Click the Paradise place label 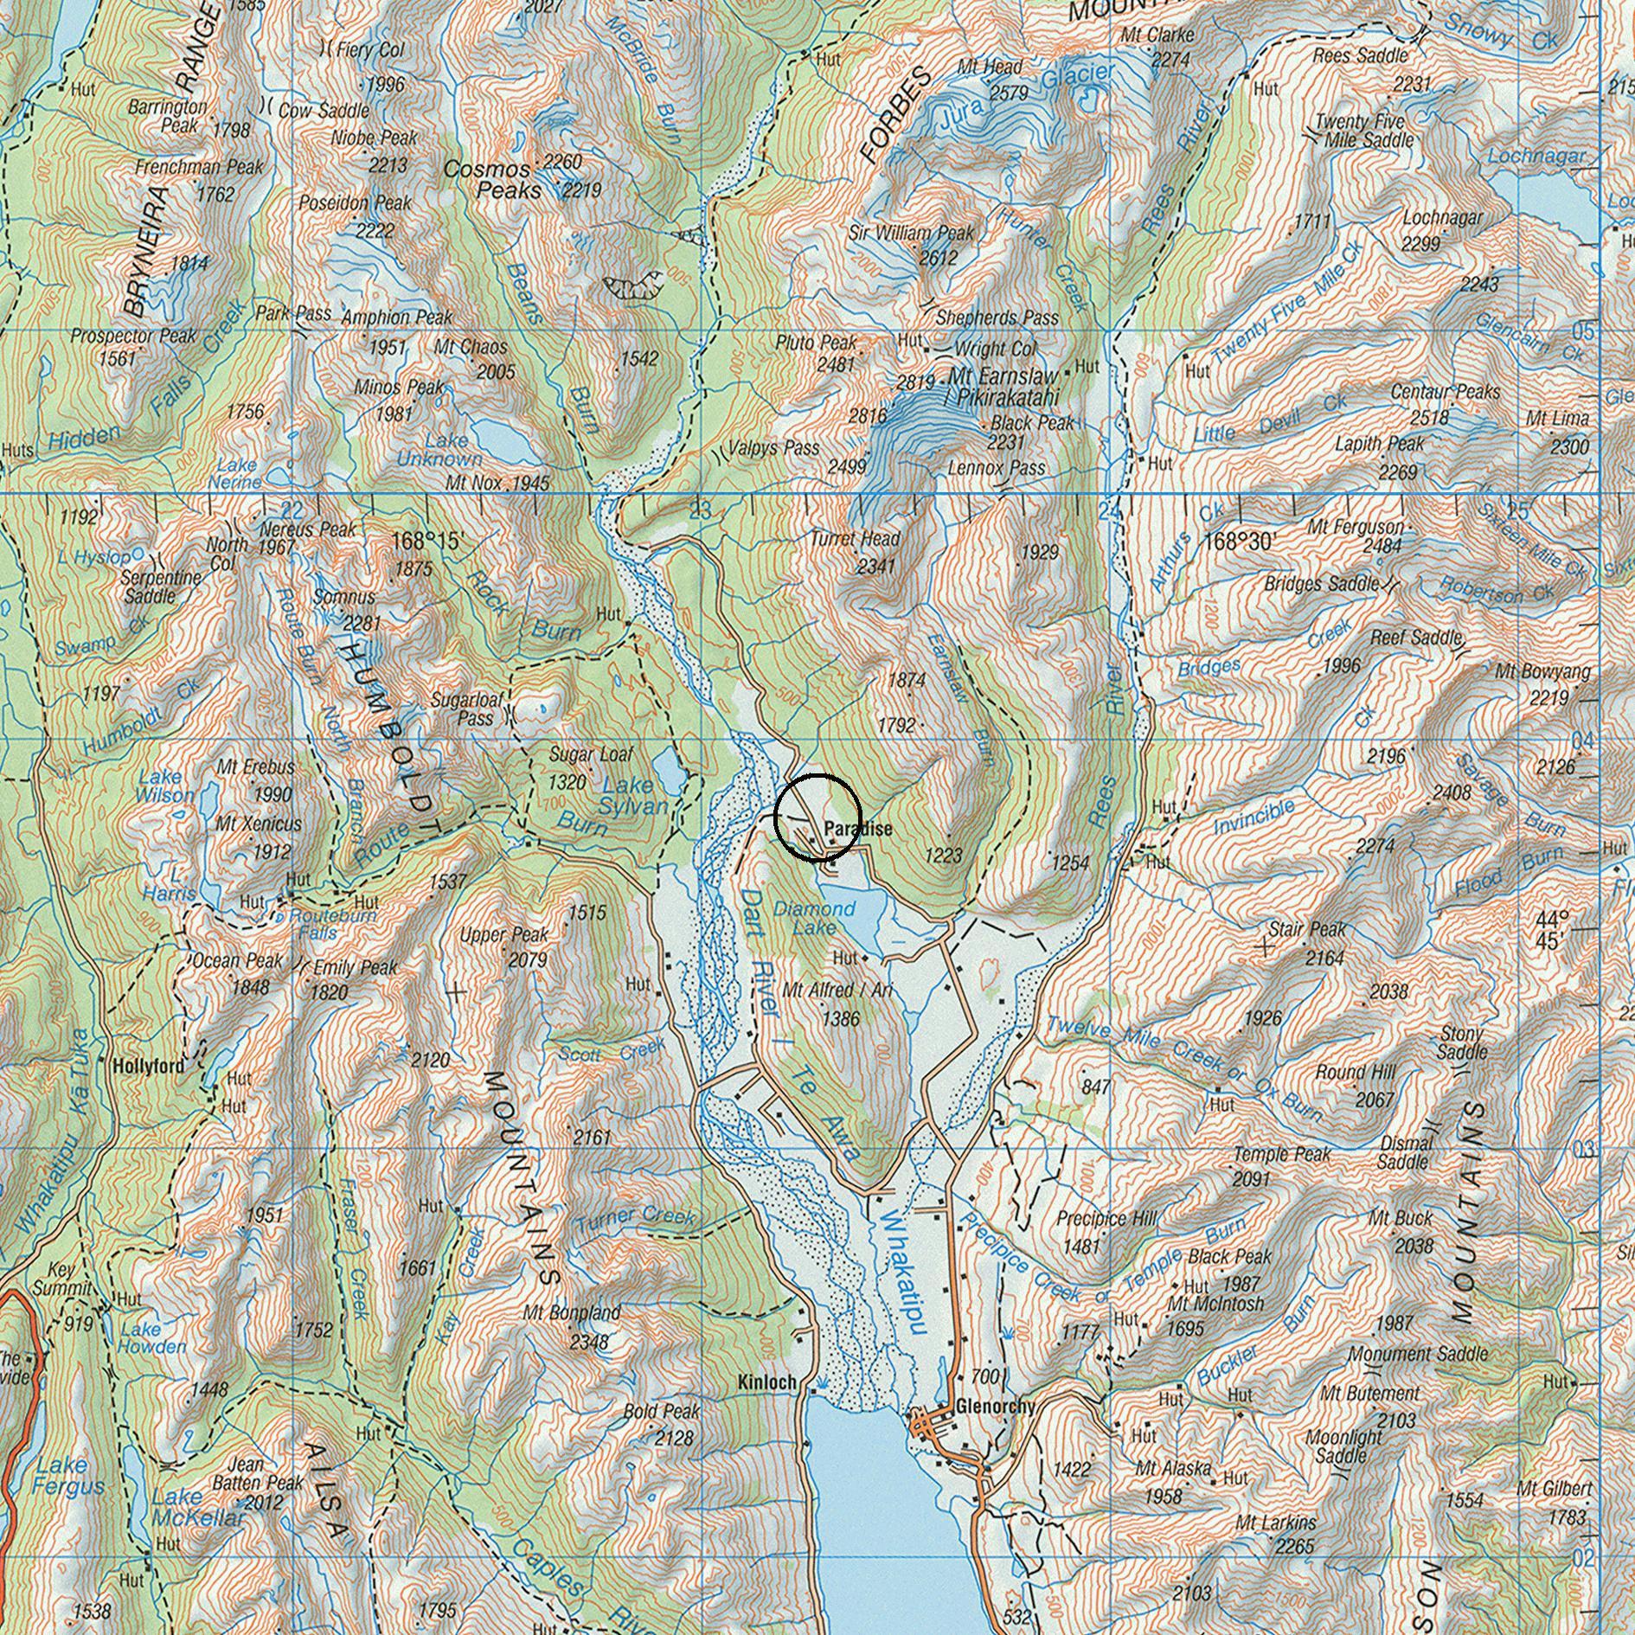pyautogui.click(x=857, y=829)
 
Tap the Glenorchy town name pyautogui.click(x=996, y=1407)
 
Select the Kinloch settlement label pyautogui.click(x=766, y=1383)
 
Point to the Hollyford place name pyautogui.click(x=149, y=1067)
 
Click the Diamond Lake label pyautogui.click(x=814, y=918)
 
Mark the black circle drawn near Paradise pyautogui.click(x=817, y=817)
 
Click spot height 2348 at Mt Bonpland pyautogui.click(x=588, y=1343)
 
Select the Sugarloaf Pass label pyautogui.click(x=476, y=708)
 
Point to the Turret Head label pyautogui.click(x=855, y=540)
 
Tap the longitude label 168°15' pyautogui.click(x=427, y=542)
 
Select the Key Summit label pyautogui.click(x=62, y=1279)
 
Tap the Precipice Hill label pyautogui.click(x=1106, y=1219)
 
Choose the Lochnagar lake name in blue pyautogui.click(x=1536, y=157)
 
